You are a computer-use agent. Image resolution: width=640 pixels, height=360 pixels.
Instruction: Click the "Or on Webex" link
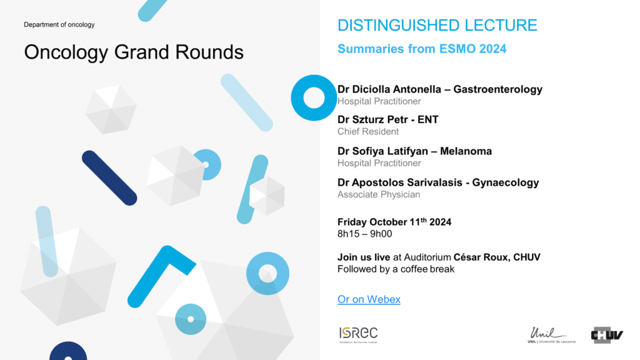[x=369, y=299]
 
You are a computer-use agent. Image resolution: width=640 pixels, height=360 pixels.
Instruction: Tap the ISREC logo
[x=358, y=335]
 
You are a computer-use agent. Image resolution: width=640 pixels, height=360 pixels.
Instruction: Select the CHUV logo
[x=607, y=335]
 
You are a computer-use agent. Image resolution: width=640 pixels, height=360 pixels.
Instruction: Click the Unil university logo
[x=551, y=335]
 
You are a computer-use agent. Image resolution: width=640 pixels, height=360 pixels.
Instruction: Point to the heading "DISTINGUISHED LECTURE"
[x=437, y=25]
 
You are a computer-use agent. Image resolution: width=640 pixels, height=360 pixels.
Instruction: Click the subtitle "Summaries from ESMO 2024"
[x=422, y=49]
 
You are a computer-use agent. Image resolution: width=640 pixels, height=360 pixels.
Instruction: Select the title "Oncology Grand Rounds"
[x=134, y=52]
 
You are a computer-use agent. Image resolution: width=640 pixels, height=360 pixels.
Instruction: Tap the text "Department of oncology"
[x=59, y=24]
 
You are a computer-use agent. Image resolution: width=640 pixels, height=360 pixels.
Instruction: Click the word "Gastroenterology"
[x=498, y=89]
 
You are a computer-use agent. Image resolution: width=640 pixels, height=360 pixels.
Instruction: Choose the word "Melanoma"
[x=466, y=151]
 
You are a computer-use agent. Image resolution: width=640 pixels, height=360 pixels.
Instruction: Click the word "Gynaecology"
[x=505, y=182]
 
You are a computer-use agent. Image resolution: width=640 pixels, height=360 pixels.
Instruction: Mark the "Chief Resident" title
[x=367, y=131]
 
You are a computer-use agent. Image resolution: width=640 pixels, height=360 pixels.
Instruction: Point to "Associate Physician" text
[x=378, y=194]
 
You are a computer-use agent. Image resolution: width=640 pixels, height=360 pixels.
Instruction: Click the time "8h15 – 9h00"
[x=364, y=234]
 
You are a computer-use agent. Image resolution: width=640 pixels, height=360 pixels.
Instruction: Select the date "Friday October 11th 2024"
[x=394, y=222]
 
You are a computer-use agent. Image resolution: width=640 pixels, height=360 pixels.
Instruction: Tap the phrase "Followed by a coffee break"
[x=396, y=269]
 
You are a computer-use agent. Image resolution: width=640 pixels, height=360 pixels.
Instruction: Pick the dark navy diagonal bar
[x=109, y=178]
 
